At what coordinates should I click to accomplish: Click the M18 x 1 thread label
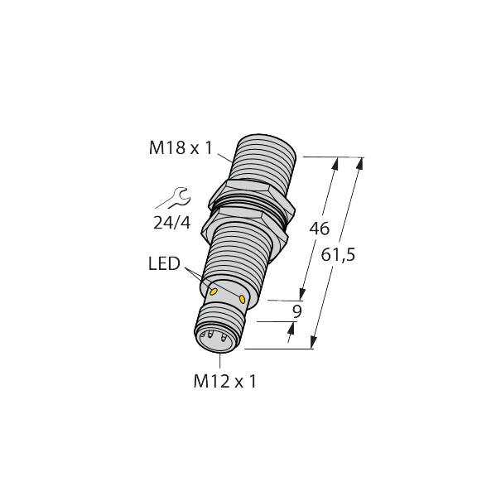coord(181,148)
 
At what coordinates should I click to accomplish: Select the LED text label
coord(163,264)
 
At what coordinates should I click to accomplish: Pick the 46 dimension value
coord(320,228)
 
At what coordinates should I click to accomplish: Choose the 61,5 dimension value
coord(339,256)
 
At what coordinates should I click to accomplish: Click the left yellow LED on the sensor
coord(214,291)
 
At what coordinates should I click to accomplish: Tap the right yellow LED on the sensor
coord(243,299)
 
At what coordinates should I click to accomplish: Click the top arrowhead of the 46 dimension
coord(335,163)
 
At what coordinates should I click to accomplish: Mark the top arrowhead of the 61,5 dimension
coord(360,163)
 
